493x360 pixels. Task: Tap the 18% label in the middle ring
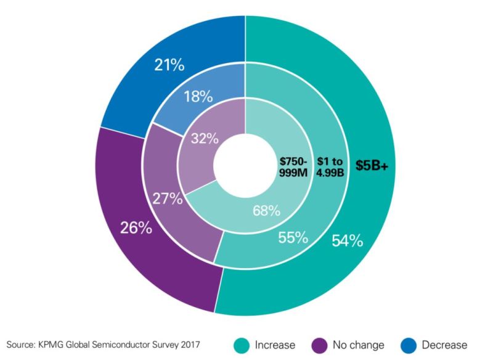click(197, 97)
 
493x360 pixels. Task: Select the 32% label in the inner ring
click(204, 138)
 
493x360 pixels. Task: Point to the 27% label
click(167, 198)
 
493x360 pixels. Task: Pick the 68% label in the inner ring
click(266, 211)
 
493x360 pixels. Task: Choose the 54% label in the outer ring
click(348, 240)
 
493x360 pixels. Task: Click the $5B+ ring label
click(371, 165)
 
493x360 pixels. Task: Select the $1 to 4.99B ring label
click(331, 166)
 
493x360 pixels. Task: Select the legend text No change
click(358, 345)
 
